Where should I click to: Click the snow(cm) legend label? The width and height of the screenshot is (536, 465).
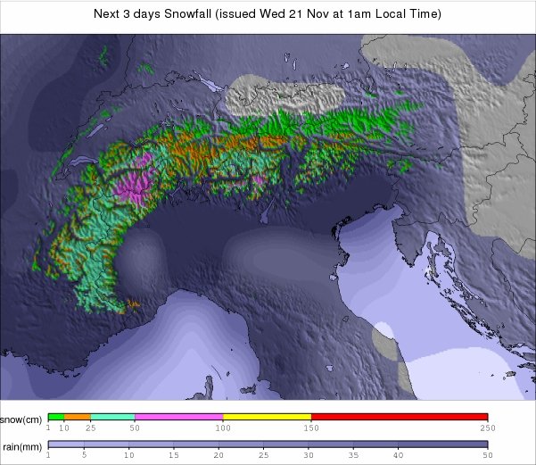pos(21,419)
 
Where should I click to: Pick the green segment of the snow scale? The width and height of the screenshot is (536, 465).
pos(56,416)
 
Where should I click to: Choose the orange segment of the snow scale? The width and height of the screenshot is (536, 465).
pos(78,416)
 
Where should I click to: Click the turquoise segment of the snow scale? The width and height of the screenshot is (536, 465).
pos(112,416)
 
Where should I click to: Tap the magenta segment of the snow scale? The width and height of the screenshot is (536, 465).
pos(178,416)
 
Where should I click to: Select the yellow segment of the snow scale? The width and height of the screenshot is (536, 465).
pos(267,416)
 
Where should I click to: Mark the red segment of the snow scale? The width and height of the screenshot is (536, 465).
pos(399,416)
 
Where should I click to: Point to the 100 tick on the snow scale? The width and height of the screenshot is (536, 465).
pos(222,428)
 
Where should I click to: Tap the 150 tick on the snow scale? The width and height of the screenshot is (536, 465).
pos(310,428)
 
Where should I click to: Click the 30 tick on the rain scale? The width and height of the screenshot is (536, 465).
pos(309,455)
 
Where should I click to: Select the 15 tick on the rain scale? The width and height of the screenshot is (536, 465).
pos(177,455)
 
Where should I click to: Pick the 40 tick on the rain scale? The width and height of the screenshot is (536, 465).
pos(398,455)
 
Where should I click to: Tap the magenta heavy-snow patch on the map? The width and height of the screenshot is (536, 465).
pos(136,186)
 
